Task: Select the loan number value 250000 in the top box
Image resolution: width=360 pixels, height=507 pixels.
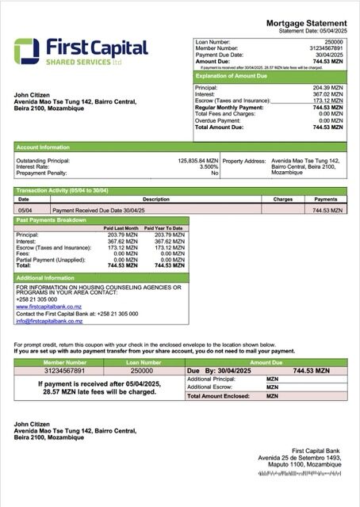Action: (x=335, y=40)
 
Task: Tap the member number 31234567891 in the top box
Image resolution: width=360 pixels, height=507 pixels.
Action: (x=327, y=47)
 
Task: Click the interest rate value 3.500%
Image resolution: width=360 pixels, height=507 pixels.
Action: (x=208, y=166)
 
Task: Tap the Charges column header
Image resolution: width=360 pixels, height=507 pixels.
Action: (x=283, y=200)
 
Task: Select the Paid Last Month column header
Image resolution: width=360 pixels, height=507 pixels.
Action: (x=121, y=228)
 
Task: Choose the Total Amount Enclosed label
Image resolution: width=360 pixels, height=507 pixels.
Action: (x=215, y=395)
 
